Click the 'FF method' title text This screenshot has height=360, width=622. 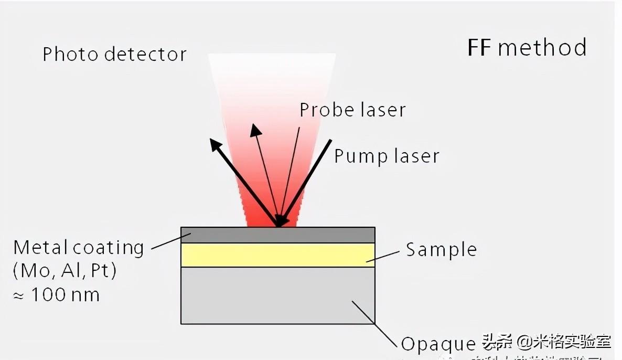[x=527, y=48]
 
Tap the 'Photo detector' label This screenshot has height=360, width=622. [x=114, y=55]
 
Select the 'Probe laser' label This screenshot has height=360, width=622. [x=352, y=110]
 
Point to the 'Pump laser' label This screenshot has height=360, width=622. [x=387, y=156]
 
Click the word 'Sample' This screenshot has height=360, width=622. [x=442, y=250]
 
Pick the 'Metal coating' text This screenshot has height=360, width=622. [x=79, y=247]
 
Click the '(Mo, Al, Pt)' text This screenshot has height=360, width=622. [x=65, y=271]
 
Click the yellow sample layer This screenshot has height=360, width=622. [x=277, y=255]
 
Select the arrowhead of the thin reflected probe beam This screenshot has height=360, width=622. [x=255, y=129]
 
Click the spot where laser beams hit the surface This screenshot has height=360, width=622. [x=280, y=225]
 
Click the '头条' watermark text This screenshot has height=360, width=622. [x=496, y=342]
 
